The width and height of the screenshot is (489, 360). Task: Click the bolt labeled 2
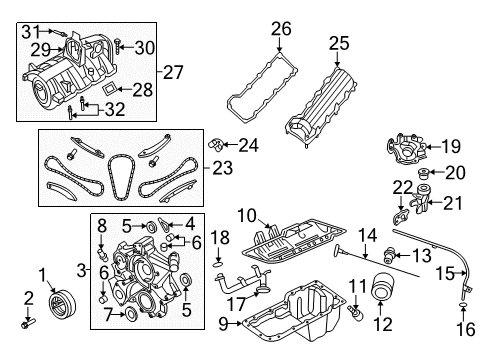[24, 323]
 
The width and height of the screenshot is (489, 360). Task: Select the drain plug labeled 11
[356, 317]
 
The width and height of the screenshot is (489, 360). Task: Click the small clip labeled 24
[214, 147]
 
